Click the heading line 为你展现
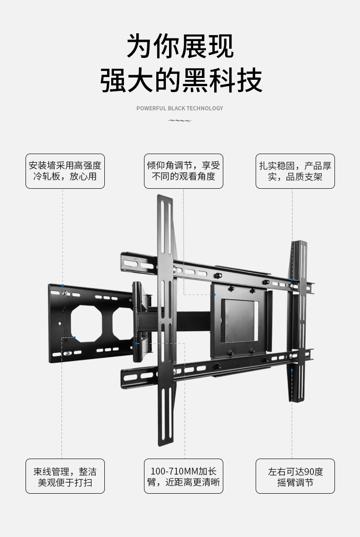tap(180, 46)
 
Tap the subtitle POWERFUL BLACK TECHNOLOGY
tap(180, 108)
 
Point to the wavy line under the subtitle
tap(180, 121)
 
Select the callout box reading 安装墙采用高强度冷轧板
tap(65, 171)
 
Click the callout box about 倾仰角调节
tap(184, 171)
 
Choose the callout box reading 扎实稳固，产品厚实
tap(295, 171)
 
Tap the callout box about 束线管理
tap(65, 476)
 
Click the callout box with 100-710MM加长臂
tap(184, 476)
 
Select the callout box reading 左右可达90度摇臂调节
tap(295, 476)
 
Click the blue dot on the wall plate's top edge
tap(63, 286)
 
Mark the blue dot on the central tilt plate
tap(214, 295)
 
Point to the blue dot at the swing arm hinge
tap(136, 343)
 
